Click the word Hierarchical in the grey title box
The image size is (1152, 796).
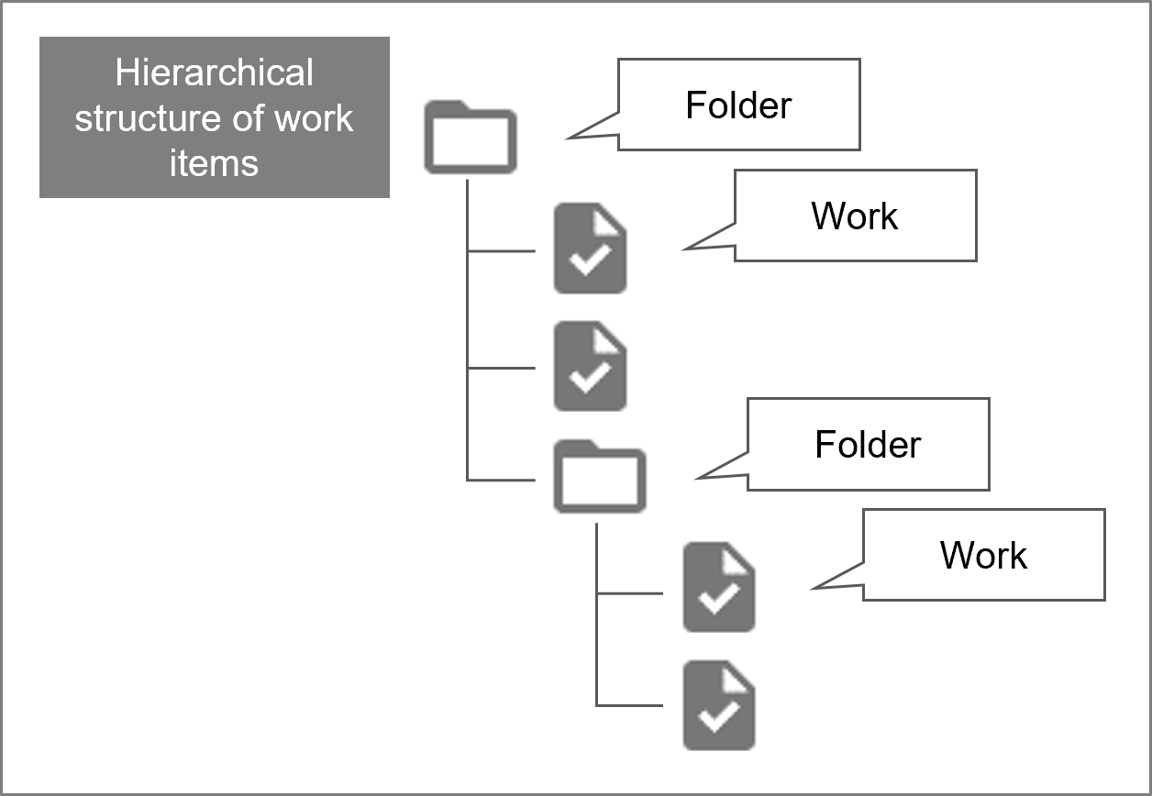click(x=214, y=73)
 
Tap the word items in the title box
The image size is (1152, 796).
click(x=214, y=163)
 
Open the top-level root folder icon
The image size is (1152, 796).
click(x=470, y=139)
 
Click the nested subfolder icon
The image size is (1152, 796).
click(x=599, y=477)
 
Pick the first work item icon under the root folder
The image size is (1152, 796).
click(x=590, y=249)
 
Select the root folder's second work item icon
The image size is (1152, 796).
click(x=590, y=366)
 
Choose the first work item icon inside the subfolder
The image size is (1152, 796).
click(x=719, y=587)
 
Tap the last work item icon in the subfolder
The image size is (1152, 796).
click(x=719, y=705)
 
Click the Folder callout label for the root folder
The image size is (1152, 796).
click(x=738, y=105)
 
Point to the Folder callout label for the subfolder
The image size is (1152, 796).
click(x=868, y=444)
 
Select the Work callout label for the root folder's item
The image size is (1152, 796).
click(x=855, y=216)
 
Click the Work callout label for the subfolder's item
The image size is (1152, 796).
click(x=983, y=555)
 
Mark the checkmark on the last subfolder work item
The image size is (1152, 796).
click(x=719, y=718)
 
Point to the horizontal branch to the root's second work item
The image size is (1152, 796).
click(x=502, y=369)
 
